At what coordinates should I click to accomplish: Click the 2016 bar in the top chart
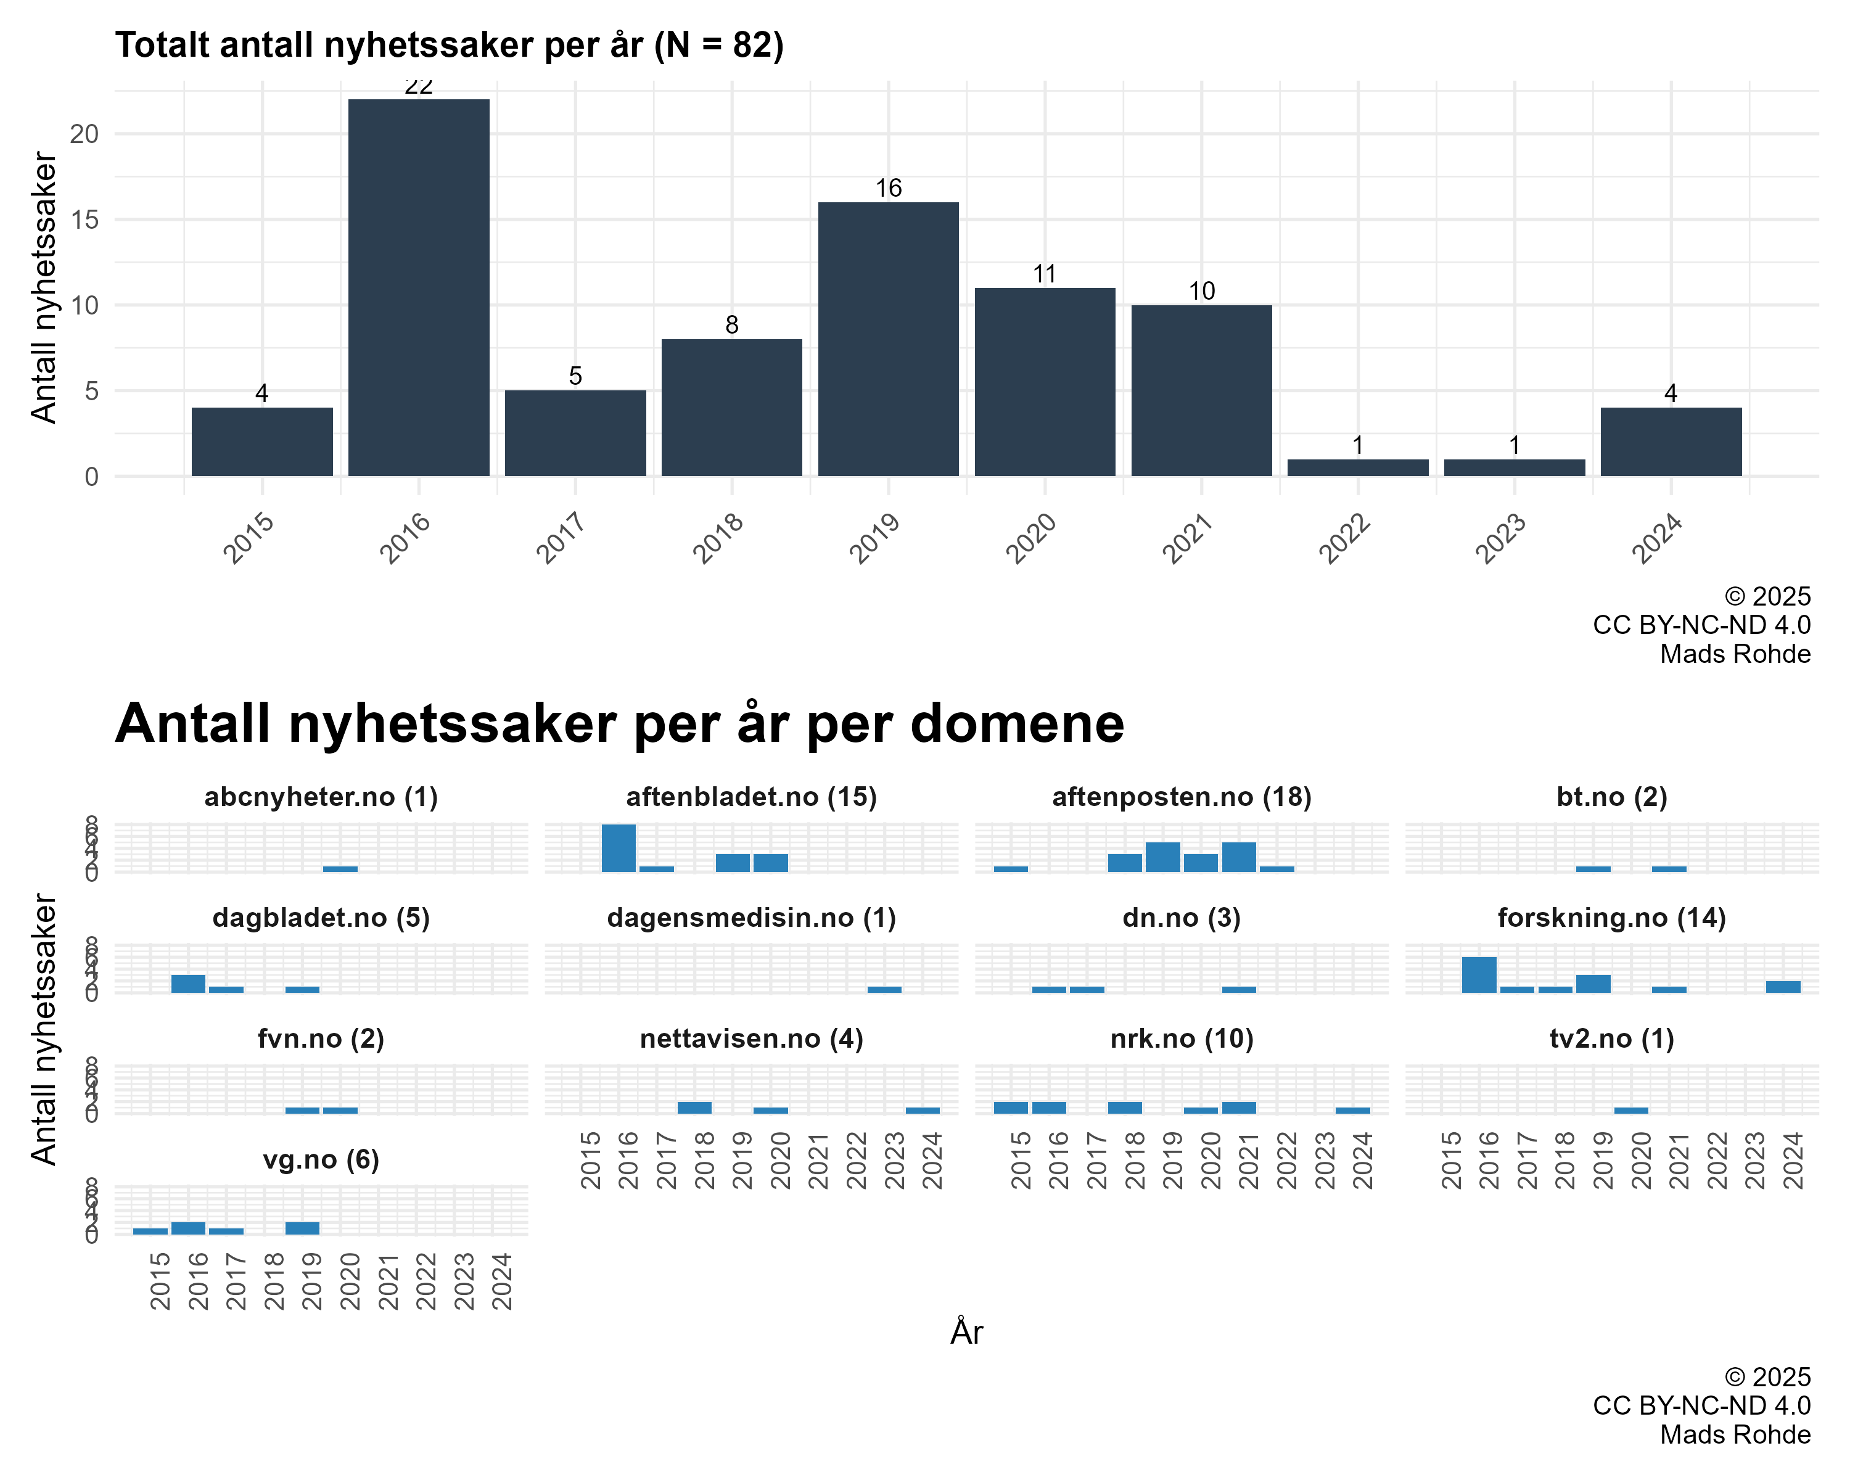pos(419,287)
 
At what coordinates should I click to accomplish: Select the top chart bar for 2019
pos(888,339)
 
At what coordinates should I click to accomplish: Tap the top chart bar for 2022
pos(1357,467)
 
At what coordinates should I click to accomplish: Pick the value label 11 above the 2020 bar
pos(1044,274)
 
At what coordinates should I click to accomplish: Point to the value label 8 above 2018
pos(731,325)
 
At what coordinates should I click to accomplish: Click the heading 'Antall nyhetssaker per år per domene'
pos(619,723)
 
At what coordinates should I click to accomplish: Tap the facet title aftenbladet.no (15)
pos(751,797)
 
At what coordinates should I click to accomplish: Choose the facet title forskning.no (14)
pos(1611,918)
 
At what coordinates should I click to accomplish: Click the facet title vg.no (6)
pos(321,1160)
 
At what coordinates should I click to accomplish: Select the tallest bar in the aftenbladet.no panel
pos(619,848)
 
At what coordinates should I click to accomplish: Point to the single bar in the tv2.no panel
pos(1630,1110)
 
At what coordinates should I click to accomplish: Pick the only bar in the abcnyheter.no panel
pos(340,868)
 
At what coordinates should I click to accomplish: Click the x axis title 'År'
pos(966,1333)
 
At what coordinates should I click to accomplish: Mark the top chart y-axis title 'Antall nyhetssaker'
pos(43,287)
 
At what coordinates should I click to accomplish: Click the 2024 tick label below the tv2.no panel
pos(1793,1160)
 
